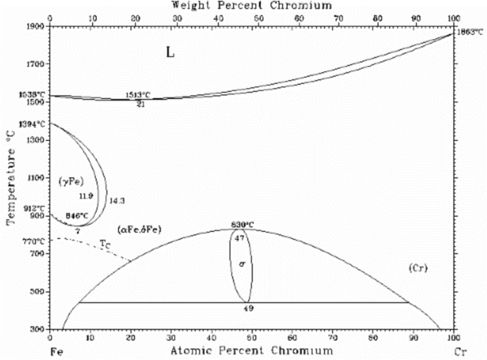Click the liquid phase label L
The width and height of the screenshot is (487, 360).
(x=171, y=53)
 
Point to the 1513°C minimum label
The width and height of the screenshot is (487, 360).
(x=138, y=95)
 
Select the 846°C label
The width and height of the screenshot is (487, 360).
(x=76, y=215)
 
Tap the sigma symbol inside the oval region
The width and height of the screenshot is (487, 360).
(x=242, y=264)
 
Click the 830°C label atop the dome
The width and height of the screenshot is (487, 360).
(x=242, y=226)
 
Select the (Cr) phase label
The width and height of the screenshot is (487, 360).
(x=417, y=268)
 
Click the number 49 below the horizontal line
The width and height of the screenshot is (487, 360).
(x=248, y=309)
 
